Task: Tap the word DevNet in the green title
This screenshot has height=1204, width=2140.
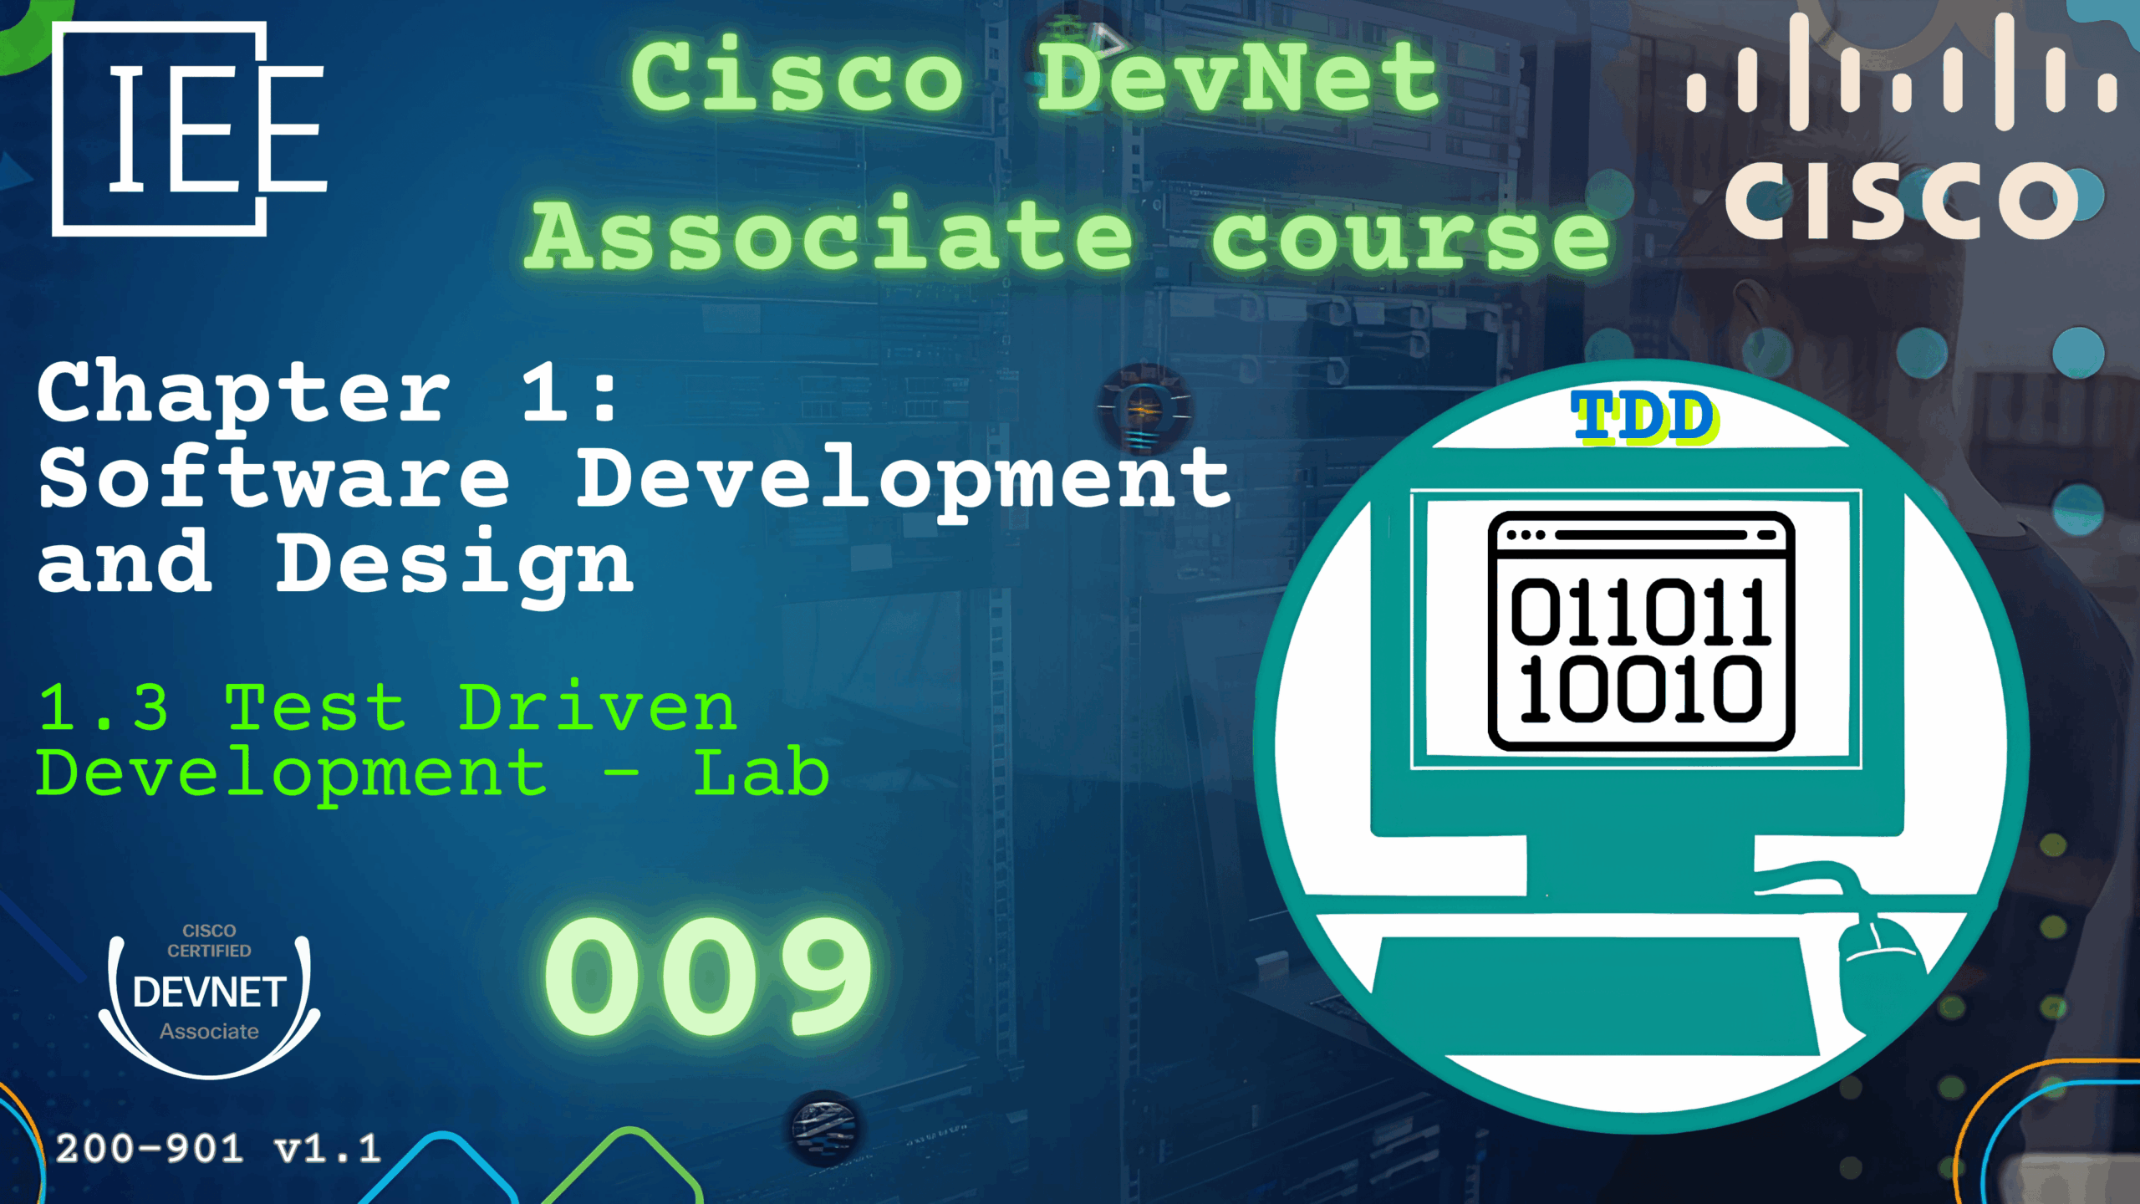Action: [x=1238, y=77]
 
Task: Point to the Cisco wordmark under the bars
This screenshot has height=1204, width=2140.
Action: [x=1901, y=198]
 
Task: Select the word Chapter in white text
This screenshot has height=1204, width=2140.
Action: [x=244, y=394]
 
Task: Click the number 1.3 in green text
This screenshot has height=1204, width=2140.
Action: [x=104, y=707]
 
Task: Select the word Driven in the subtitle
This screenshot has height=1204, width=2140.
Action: [x=598, y=707]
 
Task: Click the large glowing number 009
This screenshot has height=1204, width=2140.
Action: [x=708, y=975]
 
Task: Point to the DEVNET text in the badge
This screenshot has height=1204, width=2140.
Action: [x=210, y=992]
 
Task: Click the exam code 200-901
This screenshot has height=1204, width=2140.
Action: [x=150, y=1149]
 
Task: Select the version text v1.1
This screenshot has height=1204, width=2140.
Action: [x=328, y=1150]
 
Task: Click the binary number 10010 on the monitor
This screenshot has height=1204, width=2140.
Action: [x=1639, y=689]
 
